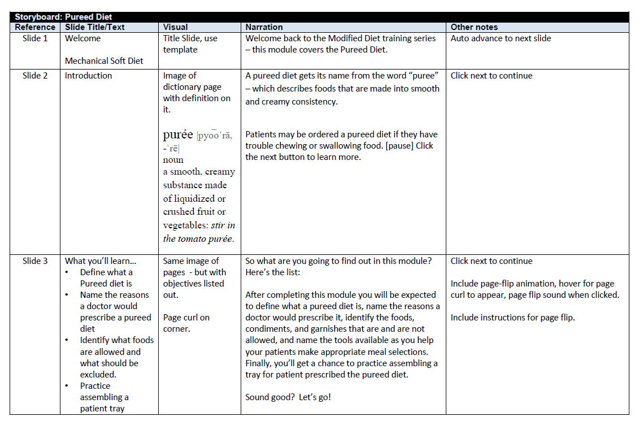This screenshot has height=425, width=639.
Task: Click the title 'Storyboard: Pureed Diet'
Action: [x=63, y=18]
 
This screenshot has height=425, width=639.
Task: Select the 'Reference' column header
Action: [x=35, y=27]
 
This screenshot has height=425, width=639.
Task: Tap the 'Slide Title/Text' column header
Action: [x=95, y=27]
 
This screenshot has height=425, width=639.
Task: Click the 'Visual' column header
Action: [x=176, y=27]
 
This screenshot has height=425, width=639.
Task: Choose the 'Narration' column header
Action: [x=264, y=27]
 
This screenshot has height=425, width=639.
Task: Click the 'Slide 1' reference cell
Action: [x=35, y=38]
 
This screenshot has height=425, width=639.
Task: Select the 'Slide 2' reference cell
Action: [x=35, y=76]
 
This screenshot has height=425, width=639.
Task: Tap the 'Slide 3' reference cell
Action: [x=35, y=261]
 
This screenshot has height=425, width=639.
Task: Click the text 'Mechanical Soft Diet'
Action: [x=104, y=61]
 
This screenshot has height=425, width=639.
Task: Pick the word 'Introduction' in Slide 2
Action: [x=88, y=76]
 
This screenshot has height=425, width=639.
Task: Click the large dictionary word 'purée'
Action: [x=178, y=135]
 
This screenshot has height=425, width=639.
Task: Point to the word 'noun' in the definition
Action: [x=173, y=160]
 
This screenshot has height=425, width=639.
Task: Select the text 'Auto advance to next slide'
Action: [x=501, y=38]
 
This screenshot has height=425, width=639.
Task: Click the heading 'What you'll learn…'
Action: [x=101, y=261]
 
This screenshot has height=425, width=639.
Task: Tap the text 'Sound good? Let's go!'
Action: [x=288, y=397]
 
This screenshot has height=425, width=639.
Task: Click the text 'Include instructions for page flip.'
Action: [x=512, y=318]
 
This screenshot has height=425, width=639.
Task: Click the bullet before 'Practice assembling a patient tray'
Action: [x=68, y=386]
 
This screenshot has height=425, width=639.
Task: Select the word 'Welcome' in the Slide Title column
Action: [x=82, y=38]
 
